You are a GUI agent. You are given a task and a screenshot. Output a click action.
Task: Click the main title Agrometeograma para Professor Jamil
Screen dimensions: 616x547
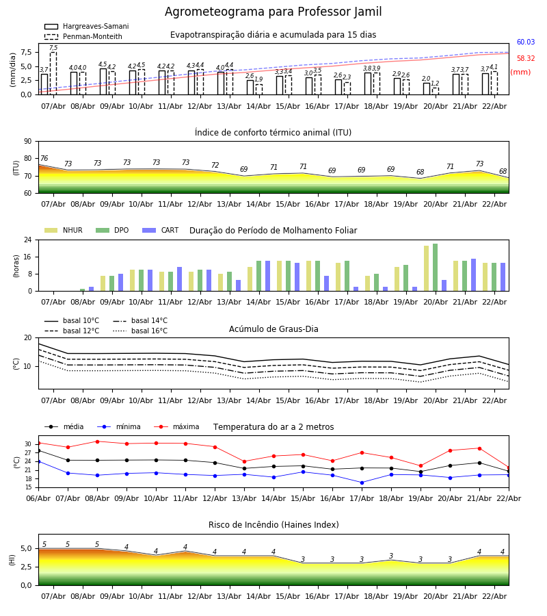pos(273,12)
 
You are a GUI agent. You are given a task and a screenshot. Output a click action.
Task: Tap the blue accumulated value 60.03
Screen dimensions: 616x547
pos(526,42)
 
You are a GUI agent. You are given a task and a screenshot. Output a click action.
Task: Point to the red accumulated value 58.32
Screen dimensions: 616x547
pos(526,59)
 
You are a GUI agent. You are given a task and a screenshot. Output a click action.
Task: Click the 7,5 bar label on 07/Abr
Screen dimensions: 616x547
pos(53,48)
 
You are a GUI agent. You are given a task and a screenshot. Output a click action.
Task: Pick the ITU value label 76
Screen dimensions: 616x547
pos(44,159)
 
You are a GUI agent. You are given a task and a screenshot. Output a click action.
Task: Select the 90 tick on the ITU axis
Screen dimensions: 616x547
pos(27,142)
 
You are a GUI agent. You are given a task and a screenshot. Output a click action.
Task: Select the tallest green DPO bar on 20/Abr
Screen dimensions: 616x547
pos(435,268)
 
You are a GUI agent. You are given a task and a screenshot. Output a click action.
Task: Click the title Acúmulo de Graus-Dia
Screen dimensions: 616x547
pos(273,329)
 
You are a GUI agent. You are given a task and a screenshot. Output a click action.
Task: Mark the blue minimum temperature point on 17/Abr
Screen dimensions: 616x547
pos(362,483)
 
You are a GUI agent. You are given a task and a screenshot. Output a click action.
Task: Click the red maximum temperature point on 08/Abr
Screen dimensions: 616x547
pos(97,441)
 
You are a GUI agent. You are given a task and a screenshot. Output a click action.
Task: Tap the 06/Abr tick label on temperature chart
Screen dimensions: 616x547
pos(38,498)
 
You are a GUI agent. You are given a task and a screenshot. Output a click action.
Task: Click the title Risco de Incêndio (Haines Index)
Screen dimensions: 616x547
pos(273,525)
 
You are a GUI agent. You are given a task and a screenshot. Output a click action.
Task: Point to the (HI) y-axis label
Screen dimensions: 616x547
pos(12,559)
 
